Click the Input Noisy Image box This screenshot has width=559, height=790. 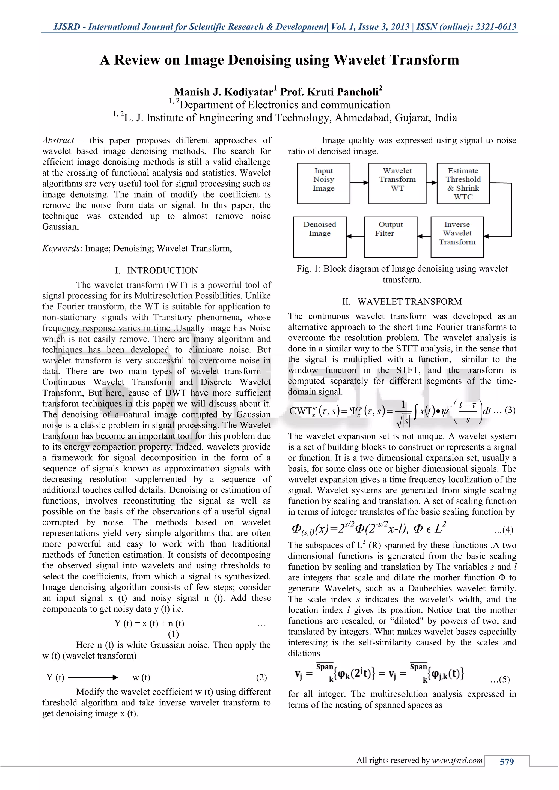[323, 183]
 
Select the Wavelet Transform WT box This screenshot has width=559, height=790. [397, 183]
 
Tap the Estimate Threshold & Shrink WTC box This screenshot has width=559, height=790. [463, 183]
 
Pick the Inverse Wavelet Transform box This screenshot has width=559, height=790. [457, 237]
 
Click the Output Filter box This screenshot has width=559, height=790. [391, 237]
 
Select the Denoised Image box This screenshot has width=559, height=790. [319, 237]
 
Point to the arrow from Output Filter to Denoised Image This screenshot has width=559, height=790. [355, 237]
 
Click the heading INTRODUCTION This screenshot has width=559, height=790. [162, 270]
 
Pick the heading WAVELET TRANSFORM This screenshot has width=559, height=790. [410, 302]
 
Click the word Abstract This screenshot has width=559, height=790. [58, 140]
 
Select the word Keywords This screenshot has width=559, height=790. [61, 249]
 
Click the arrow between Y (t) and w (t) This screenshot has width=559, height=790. [93, 678]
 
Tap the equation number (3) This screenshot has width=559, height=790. [510, 410]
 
